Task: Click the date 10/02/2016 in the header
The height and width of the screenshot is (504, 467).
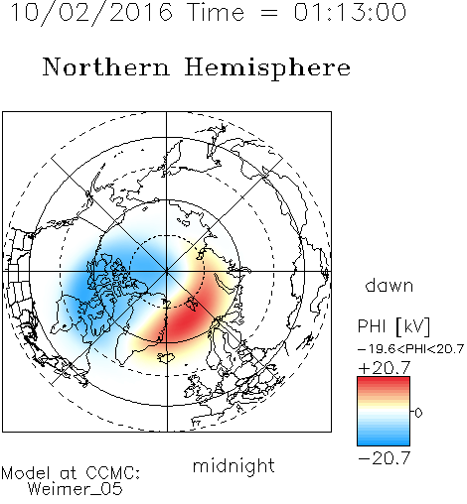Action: (x=91, y=12)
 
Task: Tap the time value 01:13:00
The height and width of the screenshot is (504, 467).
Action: (x=350, y=12)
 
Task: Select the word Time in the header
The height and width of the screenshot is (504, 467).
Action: (x=216, y=12)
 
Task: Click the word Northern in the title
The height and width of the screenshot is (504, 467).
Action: (x=106, y=66)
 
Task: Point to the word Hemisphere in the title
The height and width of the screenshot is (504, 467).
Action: (x=267, y=68)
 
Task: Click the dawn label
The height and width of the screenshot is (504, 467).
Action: (x=389, y=286)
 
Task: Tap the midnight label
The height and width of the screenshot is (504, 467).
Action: (x=233, y=465)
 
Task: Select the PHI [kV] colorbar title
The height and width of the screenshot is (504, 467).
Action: (x=393, y=326)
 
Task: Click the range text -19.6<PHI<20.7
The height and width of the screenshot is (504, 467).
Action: (x=410, y=349)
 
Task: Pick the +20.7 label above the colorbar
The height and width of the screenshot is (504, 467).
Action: (x=385, y=368)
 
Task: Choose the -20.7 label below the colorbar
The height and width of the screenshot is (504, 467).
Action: (x=385, y=458)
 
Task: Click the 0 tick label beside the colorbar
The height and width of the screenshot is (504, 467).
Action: (x=418, y=413)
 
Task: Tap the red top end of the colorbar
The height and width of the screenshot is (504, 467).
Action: (x=384, y=379)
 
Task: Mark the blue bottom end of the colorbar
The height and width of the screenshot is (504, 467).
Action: (x=384, y=443)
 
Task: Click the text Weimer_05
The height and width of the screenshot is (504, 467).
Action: (x=76, y=489)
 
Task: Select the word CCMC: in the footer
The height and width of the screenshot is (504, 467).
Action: (x=112, y=473)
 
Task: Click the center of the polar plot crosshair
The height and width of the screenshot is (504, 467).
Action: (x=167, y=271)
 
